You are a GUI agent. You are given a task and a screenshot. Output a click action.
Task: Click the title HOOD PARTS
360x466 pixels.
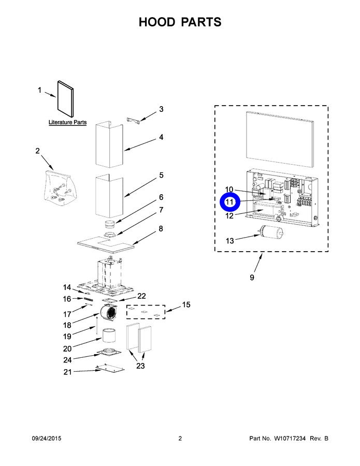(x=180, y=22)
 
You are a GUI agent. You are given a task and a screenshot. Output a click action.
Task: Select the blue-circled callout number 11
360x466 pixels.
(x=229, y=202)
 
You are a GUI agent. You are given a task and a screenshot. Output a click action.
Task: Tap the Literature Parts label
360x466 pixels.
(x=67, y=123)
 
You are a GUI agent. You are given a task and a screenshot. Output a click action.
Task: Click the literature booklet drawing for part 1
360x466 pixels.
(x=65, y=98)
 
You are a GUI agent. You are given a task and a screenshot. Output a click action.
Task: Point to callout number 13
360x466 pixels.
(x=229, y=241)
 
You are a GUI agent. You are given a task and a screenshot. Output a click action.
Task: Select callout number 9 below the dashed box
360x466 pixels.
(x=252, y=278)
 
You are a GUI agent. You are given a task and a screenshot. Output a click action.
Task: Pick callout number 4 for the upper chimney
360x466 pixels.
(x=161, y=137)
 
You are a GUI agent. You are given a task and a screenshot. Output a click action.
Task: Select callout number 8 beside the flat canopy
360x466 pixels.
(x=161, y=228)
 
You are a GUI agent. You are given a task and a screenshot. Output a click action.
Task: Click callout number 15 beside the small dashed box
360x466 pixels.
(x=185, y=304)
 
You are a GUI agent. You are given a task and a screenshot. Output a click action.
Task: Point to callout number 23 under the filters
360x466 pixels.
(x=140, y=366)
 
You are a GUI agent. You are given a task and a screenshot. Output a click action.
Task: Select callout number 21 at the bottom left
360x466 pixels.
(x=67, y=372)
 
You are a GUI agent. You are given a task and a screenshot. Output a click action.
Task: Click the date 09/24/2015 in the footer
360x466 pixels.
(x=46, y=439)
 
